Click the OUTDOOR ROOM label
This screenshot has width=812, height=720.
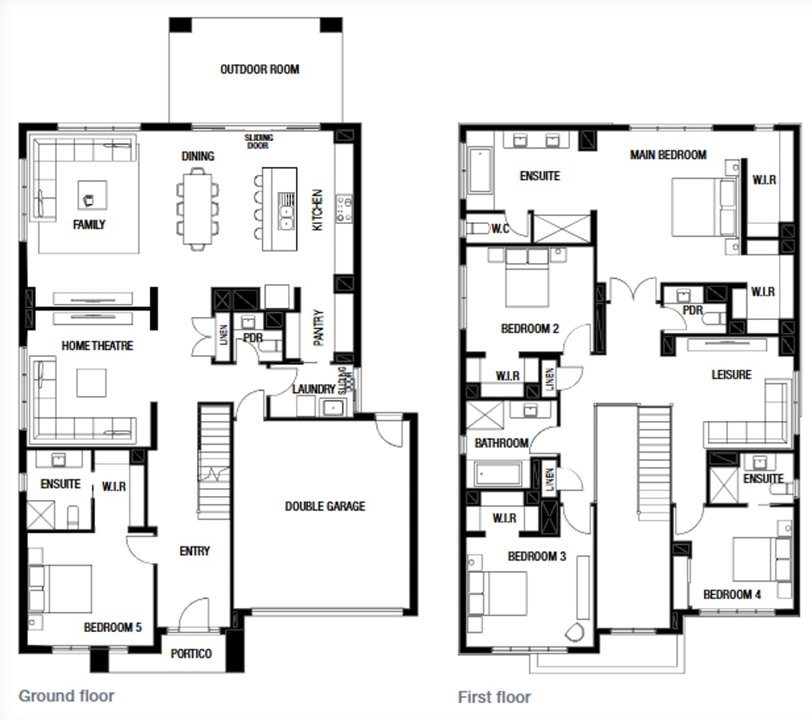tap(259, 70)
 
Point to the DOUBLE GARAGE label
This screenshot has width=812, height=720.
tap(325, 506)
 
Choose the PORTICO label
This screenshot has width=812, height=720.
tap(191, 654)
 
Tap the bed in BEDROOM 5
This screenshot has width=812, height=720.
tap(60, 588)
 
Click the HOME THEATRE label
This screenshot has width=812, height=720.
tap(97, 346)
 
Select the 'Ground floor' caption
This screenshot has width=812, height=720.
tap(66, 695)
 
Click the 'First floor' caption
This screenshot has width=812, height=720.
tap(494, 697)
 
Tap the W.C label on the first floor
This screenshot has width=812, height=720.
tap(501, 229)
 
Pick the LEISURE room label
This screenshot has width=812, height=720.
tap(731, 374)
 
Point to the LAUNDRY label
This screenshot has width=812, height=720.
tap(314, 389)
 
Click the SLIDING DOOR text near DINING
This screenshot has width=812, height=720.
tap(258, 141)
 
